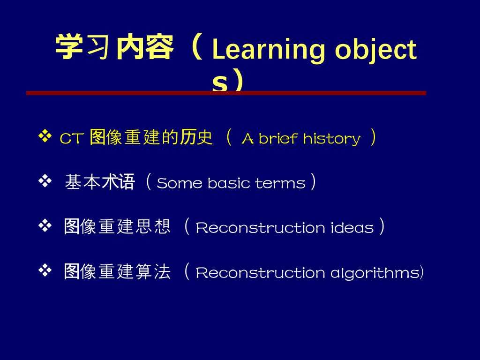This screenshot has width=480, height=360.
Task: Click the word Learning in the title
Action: coord(268,50)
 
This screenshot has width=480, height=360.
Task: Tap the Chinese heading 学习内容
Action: coord(114,47)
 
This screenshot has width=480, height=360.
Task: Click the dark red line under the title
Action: coord(226,93)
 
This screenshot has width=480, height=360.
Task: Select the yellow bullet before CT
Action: coord(45,136)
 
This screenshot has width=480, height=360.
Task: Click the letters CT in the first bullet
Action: coord(72,138)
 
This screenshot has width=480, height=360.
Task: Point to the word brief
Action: coord(278,138)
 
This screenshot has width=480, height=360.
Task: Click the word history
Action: coord(332,139)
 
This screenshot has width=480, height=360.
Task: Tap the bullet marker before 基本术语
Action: coord(45,181)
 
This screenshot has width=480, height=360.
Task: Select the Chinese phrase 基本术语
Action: coord(100,181)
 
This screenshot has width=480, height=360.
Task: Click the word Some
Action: coord(180,183)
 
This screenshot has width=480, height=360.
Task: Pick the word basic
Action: coord(229,183)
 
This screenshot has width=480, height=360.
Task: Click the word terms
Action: coord(280,183)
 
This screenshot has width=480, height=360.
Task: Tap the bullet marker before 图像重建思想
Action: coord(45,226)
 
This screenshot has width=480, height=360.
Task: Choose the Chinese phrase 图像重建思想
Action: coord(117,226)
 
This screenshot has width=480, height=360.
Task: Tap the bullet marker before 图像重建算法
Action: coord(45,270)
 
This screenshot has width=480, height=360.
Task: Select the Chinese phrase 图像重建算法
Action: coord(117,271)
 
